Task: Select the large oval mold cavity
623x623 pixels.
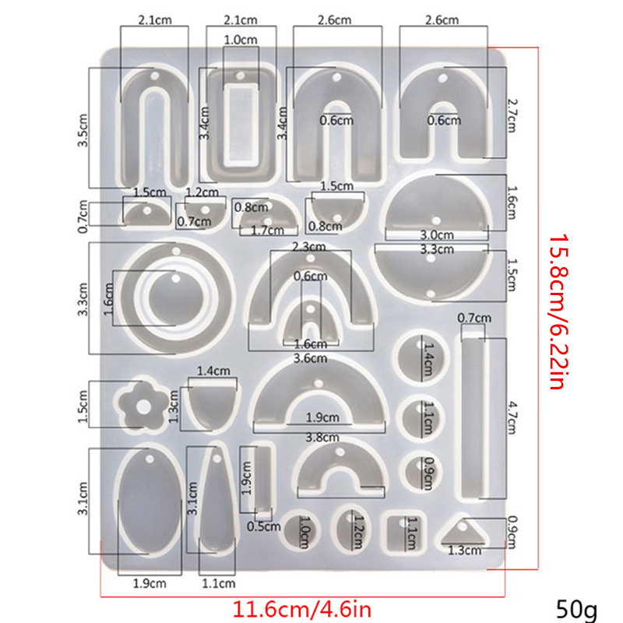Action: click(x=150, y=501)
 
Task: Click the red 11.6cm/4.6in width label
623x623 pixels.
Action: click(x=301, y=609)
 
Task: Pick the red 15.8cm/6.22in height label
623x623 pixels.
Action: click(x=560, y=312)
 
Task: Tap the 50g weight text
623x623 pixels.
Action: click(x=576, y=609)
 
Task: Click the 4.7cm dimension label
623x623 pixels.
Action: click(x=512, y=418)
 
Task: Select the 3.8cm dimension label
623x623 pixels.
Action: click(x=322, y=438)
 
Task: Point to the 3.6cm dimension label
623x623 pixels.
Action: click(x=310, y=358)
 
